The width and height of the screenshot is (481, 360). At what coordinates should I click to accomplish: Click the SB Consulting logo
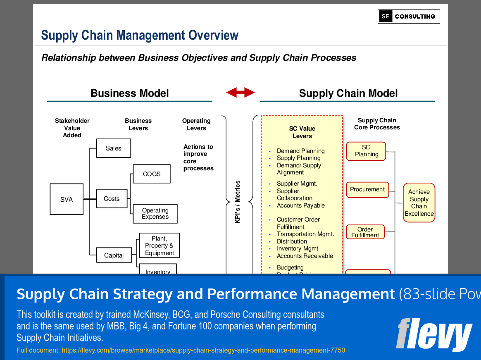[x=409, y=17]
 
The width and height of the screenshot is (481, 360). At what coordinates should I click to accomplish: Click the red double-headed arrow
[x=240, y=93]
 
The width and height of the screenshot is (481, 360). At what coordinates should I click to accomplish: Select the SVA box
[x=67, y=199]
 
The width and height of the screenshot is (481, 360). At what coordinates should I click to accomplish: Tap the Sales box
[x=113, y=148]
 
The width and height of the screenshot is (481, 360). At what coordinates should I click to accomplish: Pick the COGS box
[x=152, y=174]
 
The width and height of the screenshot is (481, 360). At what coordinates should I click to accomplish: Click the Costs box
[x=112, y=199]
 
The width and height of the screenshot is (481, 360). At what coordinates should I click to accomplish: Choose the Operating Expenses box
[x=155, y=214]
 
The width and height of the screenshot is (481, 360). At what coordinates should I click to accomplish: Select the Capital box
[x=114, y=255]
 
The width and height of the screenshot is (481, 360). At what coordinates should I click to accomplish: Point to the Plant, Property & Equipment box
[x=159, y=246]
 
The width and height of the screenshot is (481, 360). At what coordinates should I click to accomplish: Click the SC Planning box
[x=366, y=151]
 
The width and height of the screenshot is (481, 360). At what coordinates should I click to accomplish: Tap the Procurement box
[x=367, y=190]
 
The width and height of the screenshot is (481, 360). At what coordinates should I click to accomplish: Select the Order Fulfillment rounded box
[x=365, y=232]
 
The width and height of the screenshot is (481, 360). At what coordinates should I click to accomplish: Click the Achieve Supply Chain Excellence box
[x=419, y=203]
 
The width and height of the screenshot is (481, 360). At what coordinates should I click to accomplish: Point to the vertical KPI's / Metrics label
[x=238, y=202]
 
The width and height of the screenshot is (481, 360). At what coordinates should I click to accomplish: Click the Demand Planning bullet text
[x=300, y=151]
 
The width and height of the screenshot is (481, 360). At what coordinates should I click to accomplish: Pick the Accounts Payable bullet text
[x=300, y=205]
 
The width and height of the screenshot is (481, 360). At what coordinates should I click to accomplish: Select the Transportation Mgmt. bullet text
[x=305, y=234]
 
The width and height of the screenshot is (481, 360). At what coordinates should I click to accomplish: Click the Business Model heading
[x=130, y=93]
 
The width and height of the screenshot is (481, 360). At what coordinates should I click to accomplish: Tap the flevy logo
[x=434, y=334]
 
